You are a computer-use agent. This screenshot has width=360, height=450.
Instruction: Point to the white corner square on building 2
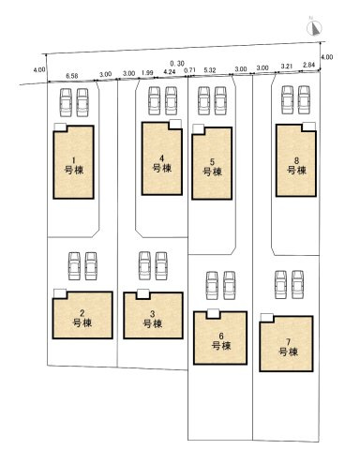(x=59, y=292)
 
